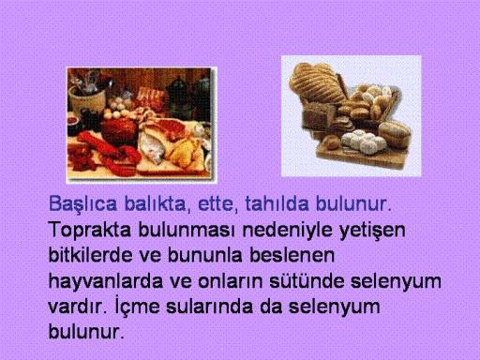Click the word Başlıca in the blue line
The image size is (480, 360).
click(x=82, y=204)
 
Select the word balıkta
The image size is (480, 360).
click(x=157, y=203)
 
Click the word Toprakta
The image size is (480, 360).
click(x=90, y=231)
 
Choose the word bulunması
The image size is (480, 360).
click(x=187, y=230)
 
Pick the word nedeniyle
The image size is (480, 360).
click(x=288, y=231)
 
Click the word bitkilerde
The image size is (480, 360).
click(x=90, y=255)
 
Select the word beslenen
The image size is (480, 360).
click(x=292, y=255)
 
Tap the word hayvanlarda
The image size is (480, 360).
click(x=106, y=282)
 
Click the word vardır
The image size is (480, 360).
click(x=78, y=307)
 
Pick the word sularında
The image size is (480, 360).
click(x=209, y=307)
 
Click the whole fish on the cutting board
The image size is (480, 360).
click(x=154, y=146)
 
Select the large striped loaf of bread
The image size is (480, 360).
click(x=317, y=82)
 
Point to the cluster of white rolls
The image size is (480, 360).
click(x=364, y=142)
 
